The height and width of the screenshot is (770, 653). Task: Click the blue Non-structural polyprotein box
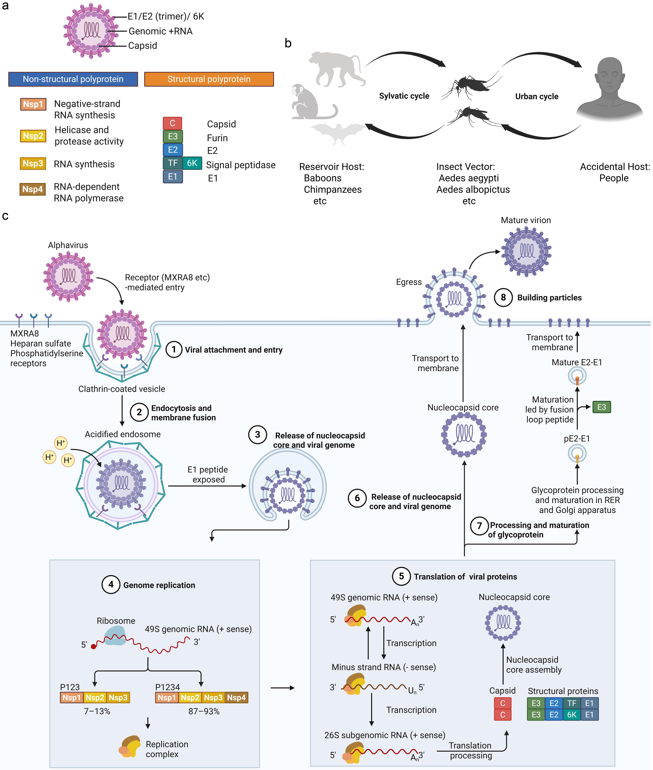click(73, 79)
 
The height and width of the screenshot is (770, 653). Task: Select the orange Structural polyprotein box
click(209, 79)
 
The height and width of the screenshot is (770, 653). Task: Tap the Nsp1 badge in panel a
click(33, 104)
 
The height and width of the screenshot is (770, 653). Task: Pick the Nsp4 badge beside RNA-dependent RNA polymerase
click(33, 189)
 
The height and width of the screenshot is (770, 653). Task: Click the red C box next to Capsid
click(172, 123)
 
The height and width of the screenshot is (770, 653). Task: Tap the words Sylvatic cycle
click(404, 96)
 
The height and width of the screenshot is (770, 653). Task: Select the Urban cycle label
click(536, 96)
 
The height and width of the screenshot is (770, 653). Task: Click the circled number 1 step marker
click(174, 349)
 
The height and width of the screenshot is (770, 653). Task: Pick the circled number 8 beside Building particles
click(503, 297)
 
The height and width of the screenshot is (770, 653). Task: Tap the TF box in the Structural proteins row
click(572, 703)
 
